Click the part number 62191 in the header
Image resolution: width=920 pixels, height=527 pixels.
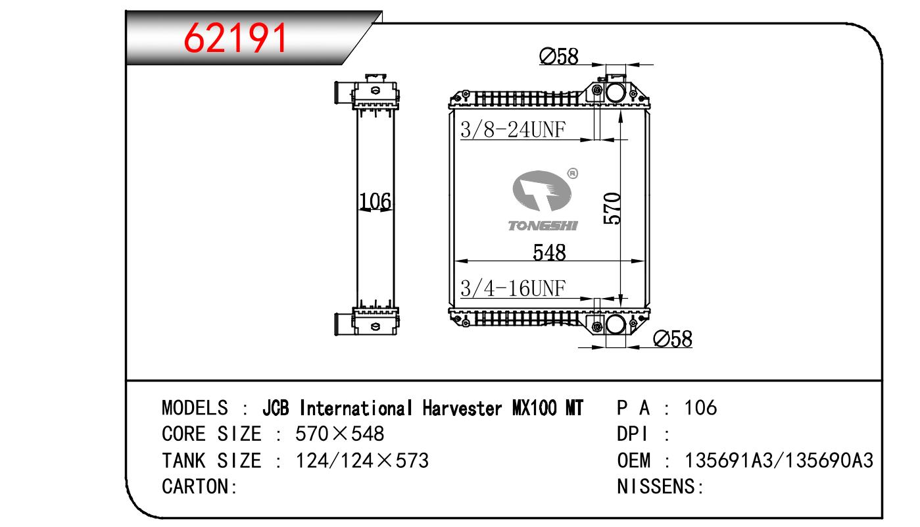(237, 38)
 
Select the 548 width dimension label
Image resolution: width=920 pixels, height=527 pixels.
(550, 252)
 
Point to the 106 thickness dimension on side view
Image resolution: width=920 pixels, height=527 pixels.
(375, 201)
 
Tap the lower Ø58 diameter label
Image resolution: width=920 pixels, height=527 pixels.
(673, 339)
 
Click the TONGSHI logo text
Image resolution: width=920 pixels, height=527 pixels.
(543, 226)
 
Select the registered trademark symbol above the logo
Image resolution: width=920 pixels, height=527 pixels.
(571, 174)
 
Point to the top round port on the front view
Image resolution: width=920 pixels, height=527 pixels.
(616, 92)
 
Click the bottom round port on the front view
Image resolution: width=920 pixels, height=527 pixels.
(616, 324)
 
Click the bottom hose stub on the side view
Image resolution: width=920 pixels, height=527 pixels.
(343, 324)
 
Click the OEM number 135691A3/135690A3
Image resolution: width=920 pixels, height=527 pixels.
(779, 461)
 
